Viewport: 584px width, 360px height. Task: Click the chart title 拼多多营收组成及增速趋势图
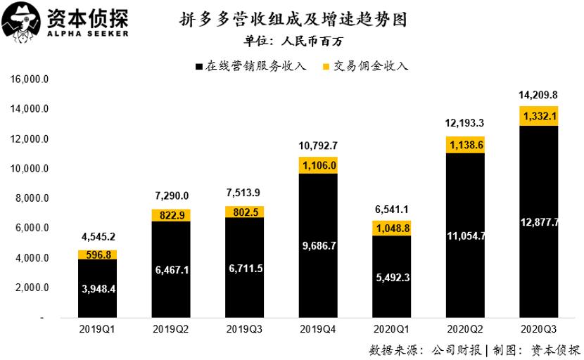coord(291,18)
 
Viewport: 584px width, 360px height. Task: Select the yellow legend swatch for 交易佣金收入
coord(327,67)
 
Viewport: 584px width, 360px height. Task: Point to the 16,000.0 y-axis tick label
coord(29,79)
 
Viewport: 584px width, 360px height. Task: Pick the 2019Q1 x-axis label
coord(98,330)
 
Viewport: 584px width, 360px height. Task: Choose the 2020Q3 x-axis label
coord(540,330)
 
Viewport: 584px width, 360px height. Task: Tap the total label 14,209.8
coord(539,95)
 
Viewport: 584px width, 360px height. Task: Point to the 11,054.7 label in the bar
coord(466,236)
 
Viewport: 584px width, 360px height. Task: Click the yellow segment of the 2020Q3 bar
coord(539,116)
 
